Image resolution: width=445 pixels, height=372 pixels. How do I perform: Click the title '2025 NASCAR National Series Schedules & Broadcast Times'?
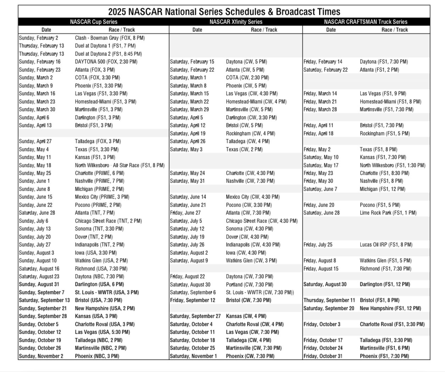coord(224,12)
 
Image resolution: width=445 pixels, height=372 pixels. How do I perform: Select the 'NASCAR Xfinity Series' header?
coord(236,22)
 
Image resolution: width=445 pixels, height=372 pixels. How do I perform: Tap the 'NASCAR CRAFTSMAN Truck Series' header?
coord(366,22)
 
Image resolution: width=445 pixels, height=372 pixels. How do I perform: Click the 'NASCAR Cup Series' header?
coord(94,22)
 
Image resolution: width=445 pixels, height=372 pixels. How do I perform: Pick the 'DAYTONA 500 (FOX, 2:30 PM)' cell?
coord(106,62)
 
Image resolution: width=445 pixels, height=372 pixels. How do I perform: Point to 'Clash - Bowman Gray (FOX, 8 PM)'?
coord(110,38)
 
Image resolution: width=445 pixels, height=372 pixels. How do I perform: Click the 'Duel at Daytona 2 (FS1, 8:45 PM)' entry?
coord(109,54)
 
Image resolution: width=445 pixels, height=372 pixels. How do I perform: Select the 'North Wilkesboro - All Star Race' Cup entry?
coord(120,165)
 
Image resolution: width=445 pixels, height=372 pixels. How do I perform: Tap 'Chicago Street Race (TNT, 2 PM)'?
coord(109,221)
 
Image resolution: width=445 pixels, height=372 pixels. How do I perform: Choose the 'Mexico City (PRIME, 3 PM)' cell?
coord(102,197)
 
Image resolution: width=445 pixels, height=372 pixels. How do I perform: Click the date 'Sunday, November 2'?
coord(41,356)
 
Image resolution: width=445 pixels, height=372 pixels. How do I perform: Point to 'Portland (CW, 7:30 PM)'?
coord(250,285)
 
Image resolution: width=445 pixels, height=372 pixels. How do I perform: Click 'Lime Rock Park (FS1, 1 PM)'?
coord(388,213)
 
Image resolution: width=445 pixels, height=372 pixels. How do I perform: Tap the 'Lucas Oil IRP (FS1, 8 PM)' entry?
coord(386,245)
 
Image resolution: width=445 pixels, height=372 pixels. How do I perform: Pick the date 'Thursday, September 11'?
coord(329,300)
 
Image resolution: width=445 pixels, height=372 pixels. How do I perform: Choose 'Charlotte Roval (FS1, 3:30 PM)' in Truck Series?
coord(392,324)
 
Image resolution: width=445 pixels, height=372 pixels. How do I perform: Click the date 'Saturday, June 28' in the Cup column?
coord(37,213)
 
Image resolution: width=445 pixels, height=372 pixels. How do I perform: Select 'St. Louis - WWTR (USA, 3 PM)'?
coord(107,292)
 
